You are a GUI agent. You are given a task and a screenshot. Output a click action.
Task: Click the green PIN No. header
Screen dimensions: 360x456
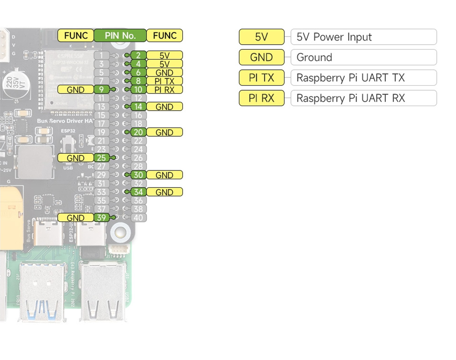[x=120, y=36]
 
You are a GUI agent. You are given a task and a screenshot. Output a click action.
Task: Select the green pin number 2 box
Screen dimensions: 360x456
[x=138, y=56]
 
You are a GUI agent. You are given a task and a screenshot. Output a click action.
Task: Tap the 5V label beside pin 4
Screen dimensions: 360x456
[x=164, y=64]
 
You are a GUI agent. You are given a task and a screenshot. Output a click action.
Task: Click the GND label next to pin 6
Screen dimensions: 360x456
[x=164, y=72]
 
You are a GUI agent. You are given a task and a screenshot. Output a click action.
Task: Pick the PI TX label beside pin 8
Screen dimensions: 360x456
[x=164, y=81]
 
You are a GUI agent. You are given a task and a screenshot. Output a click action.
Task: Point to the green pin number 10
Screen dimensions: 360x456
[x=138, y=90]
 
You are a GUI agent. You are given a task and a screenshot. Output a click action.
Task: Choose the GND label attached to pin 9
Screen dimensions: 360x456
[x=75, y=90]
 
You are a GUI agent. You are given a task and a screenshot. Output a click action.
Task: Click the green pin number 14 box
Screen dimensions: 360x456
[x=138, y=107]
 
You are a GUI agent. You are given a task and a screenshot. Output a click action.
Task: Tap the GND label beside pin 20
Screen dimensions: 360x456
[x=164, y=133]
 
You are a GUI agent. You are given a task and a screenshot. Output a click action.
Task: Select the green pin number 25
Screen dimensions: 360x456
[x=101, y=158]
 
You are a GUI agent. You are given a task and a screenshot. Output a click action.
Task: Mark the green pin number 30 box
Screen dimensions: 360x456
[x=138, y=175]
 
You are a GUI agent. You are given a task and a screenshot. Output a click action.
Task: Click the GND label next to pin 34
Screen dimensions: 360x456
[x=164, y=192]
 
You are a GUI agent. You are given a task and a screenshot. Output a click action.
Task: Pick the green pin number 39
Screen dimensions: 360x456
[x=101, y=218]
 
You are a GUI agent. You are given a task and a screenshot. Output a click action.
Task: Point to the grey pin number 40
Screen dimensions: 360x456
[x=138, y=218]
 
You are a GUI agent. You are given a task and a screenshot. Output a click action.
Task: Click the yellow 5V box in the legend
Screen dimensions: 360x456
[x=261, y=37]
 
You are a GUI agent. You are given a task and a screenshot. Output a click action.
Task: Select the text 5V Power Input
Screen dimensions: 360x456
[x=334, y=37]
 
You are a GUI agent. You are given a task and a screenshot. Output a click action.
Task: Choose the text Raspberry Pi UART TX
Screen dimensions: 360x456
[x=350, y=78]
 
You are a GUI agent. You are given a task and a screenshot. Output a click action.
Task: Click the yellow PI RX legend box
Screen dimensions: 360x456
[x=261, y=98]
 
